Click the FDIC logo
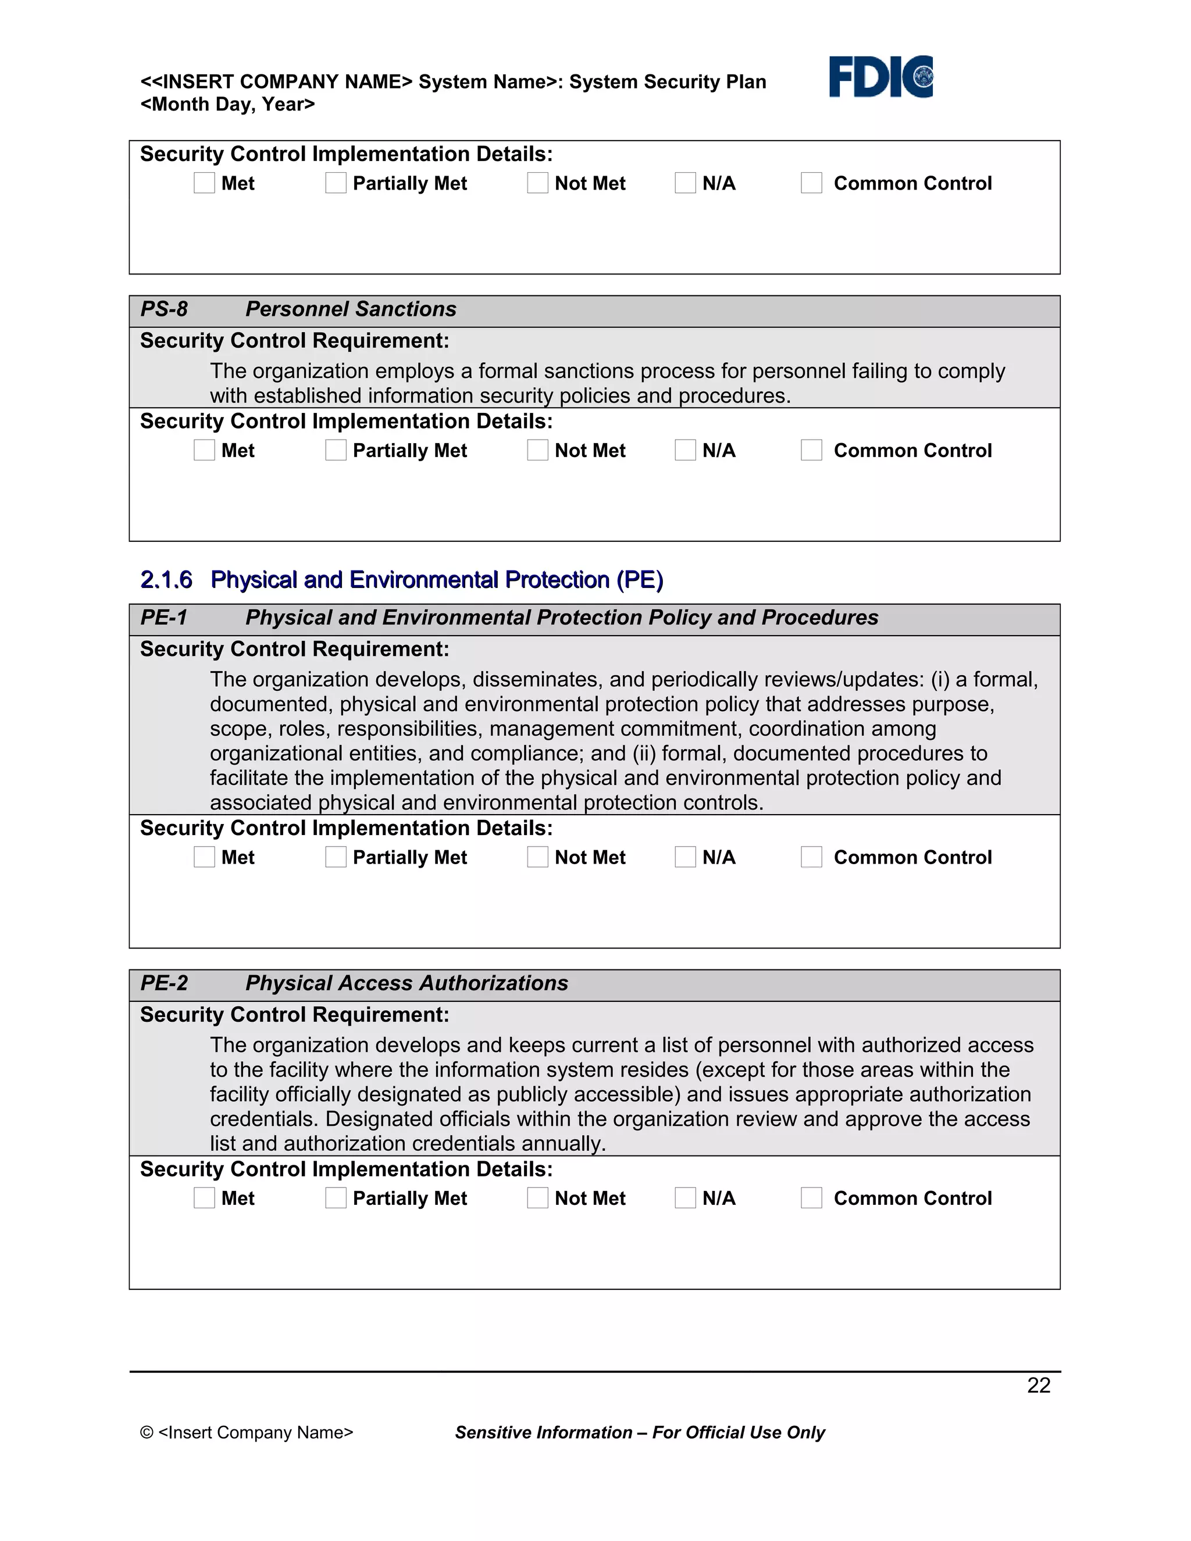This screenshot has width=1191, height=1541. pos(880,76)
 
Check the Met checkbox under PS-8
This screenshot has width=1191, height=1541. pos(204,450)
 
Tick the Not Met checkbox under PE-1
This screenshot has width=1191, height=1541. pos(538,857)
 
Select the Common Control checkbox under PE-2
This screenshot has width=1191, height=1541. pos(811,1197)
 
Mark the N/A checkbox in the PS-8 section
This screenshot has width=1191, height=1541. pos(685,450)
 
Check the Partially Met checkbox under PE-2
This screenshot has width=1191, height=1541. pos(336,1197)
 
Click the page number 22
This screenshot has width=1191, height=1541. pos(1039,1385)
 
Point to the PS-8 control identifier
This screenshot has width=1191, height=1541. pos(163,309)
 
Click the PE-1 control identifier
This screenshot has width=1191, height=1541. pos(163,618)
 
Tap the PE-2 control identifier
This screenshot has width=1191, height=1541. pos(163,983)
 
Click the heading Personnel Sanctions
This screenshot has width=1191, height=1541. pos(351,309)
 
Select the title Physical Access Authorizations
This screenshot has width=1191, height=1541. pos(406,983)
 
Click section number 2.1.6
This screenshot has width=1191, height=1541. pos(166,579)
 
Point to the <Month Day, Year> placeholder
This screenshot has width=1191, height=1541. pos(227,105)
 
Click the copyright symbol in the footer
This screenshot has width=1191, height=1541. pos(147,1432)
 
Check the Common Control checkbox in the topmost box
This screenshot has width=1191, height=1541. pos(811,183)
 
